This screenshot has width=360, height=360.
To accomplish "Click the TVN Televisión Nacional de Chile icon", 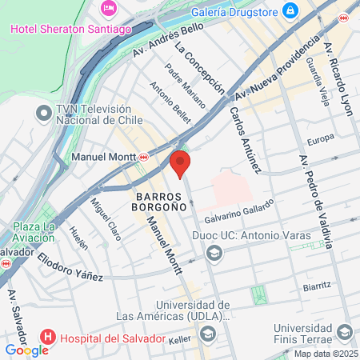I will [42, 114].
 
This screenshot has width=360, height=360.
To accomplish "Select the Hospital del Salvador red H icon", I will [48, 338].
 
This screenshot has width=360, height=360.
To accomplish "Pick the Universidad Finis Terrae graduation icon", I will [344, 331].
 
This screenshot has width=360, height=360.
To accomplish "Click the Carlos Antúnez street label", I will [245, 139].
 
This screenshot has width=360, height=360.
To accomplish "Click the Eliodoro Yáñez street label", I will [73, 266].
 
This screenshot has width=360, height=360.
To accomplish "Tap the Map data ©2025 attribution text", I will [323, 354].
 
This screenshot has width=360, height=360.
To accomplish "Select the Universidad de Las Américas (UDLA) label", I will [189, 314].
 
